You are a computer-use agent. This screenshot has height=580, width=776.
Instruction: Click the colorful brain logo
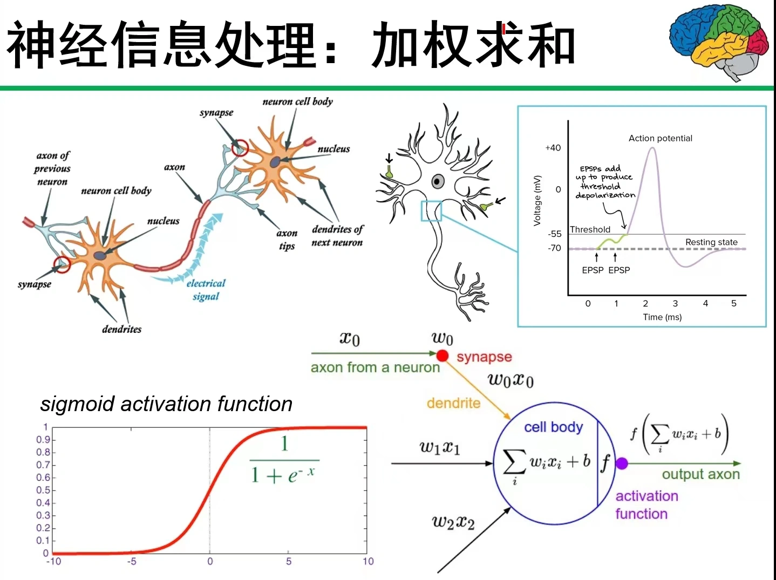(718, 43)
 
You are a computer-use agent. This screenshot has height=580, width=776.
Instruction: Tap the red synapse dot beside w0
(443, 355)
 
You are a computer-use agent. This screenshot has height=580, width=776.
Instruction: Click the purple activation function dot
(622, 463)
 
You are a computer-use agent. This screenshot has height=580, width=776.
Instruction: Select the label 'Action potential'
(660, 138)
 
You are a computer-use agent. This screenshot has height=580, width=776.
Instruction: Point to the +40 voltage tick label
(553, 148)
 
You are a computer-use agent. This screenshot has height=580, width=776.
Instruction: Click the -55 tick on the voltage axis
(554, 234)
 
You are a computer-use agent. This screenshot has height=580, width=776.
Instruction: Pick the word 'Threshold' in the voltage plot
(590, 229)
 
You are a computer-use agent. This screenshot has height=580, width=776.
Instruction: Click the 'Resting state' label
(711, 242)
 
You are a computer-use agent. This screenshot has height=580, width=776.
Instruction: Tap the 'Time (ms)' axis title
(662, 317)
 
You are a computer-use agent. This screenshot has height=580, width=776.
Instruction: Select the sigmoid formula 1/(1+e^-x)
(283, 460)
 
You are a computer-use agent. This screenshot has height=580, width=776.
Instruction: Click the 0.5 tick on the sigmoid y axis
(43, 490)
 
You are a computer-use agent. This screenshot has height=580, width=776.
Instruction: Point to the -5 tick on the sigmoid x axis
(132, 561)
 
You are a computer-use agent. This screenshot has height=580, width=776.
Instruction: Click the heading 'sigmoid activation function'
(166, 404)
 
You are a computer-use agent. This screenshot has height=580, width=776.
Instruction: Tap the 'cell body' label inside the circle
(553, 427)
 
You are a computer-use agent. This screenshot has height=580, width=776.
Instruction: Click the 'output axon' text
(700, 474)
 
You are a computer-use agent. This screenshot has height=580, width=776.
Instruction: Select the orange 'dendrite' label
(454, 403)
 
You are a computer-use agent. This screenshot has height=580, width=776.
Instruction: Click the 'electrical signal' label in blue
(206, 290)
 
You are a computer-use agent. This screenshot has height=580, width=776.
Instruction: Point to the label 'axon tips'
(287, 239)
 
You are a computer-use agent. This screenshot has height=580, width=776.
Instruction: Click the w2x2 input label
(453, 522)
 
